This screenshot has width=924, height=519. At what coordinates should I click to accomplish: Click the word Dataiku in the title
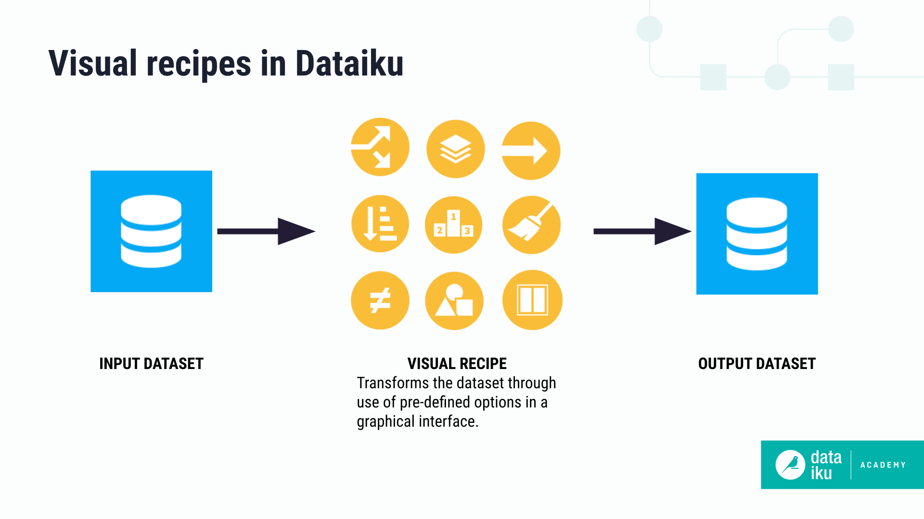tap(349, 63)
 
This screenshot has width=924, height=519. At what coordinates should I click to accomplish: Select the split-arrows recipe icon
tap(380, 147)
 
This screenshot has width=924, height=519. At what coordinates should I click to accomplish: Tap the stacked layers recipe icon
tap(455, 149)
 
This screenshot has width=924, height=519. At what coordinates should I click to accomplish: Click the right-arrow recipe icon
tap(531, 151)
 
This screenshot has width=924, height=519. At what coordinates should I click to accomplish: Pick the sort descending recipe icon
tap(380, 224)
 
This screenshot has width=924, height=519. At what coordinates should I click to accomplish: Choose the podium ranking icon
tap(453, 225)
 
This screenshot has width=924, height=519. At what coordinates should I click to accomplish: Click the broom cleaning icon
tap(531, 225)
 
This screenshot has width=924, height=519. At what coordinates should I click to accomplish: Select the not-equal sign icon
tap(380, 300)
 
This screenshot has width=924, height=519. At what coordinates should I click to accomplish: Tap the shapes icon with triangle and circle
tap(454, 301)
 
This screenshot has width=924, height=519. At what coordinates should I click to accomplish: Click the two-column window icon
tap(532, 300)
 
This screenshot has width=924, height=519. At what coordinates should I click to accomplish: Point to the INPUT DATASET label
tap(151, 364)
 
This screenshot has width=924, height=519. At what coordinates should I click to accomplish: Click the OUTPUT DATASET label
tap(757, 364)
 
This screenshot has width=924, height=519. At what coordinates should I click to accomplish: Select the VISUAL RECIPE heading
tap(457, 364)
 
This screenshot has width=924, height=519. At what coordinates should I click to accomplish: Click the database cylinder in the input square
tap(151, 231)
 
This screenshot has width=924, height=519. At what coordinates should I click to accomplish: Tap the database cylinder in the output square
tap(757, 234)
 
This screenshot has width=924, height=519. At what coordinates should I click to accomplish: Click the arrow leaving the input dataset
tap(266, 231)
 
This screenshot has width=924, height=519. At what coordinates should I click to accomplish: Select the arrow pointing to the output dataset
tap(642, 231)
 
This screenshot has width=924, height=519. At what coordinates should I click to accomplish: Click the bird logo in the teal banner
tap(790, 465)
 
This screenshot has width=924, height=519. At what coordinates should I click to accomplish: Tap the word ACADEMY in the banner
tap(883, 465)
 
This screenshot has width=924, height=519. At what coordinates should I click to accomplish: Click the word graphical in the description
tap(385, 421)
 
